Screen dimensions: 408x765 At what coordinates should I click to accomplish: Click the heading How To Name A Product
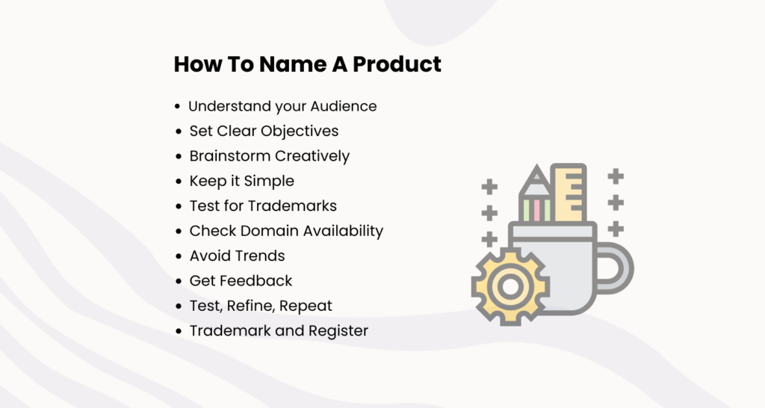[307, 64]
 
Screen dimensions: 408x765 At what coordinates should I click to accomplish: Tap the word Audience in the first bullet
[343, 106]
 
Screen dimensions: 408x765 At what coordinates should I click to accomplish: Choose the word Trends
[259, 256]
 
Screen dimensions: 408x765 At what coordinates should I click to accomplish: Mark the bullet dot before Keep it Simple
[179, 182]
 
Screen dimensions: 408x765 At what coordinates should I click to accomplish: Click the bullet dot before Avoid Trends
[179, 256]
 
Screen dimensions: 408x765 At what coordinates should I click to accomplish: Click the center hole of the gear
[510, 286]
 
